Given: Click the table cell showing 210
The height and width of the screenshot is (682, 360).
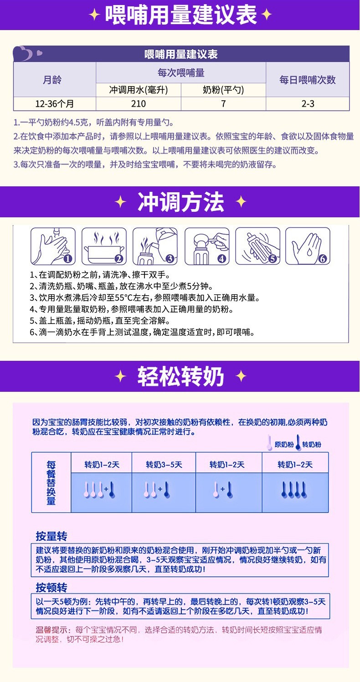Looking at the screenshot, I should pos(138,103).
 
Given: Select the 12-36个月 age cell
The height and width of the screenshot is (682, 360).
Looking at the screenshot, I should pos(54,103).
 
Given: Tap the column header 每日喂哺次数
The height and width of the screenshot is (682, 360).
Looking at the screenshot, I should pos(307,80).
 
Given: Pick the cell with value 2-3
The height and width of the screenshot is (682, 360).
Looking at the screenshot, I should pos(307,103).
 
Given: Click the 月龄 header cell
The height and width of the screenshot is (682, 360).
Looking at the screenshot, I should pos(54,80).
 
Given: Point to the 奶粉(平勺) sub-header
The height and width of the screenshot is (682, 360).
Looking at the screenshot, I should pos(223,90).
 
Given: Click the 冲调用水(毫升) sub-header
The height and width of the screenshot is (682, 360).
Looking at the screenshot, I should pos(138,90).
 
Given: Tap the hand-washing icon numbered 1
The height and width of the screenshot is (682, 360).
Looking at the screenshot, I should pos(52,246).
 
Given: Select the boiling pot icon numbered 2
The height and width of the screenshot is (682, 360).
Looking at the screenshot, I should pos(103,246).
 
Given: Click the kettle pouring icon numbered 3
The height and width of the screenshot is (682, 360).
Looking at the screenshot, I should pos(155,246).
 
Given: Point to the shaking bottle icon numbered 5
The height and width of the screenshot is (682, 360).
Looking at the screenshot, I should pos(257,246).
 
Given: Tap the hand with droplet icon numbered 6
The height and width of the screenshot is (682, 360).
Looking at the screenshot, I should pos(307,246).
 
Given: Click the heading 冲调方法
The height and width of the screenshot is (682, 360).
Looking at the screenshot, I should pos(180,202).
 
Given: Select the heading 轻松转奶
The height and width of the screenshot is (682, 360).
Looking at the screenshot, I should pos(180,376).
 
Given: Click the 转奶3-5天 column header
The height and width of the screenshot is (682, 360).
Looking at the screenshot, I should pos(164,464).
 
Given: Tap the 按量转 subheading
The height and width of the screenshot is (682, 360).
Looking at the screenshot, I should pos(51,536).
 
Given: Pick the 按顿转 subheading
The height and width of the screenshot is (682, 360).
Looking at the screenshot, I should pos(51,587).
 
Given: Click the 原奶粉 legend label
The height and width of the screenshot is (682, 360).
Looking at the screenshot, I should pos(283,444).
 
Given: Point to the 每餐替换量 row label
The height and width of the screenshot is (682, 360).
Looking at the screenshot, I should pos(51,483).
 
